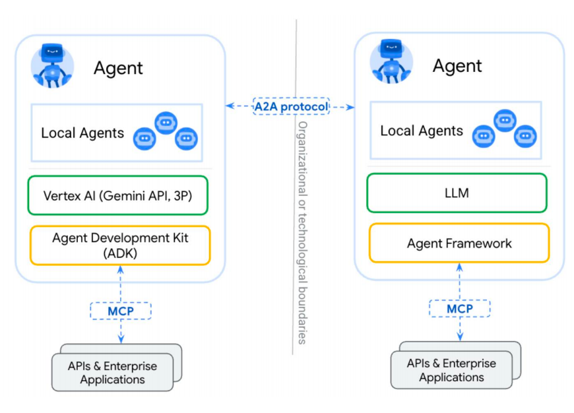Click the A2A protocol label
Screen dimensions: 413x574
[290, 106]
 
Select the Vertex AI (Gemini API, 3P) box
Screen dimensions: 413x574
[118, 195]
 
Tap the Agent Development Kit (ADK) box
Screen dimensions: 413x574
[119, 245]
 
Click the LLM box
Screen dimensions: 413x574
[457, 193]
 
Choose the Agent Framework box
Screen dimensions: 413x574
[459, 243]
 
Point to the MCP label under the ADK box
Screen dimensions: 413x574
[120, 310]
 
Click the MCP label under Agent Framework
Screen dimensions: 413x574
[459, 308]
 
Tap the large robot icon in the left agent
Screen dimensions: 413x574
[52, 65]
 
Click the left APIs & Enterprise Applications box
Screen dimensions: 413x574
[112, 373]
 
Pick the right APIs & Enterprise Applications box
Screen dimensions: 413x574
[451, 370]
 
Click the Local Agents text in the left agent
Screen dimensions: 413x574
[82, 133]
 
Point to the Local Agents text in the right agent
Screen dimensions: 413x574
[422, 131]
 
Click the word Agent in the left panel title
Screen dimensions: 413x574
[118, 67]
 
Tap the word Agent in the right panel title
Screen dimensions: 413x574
[457, 66]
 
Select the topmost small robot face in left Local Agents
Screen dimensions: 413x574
[166, 123]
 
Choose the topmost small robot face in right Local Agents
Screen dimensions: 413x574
[505, 120]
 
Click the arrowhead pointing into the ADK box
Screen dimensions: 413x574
[120, 269]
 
